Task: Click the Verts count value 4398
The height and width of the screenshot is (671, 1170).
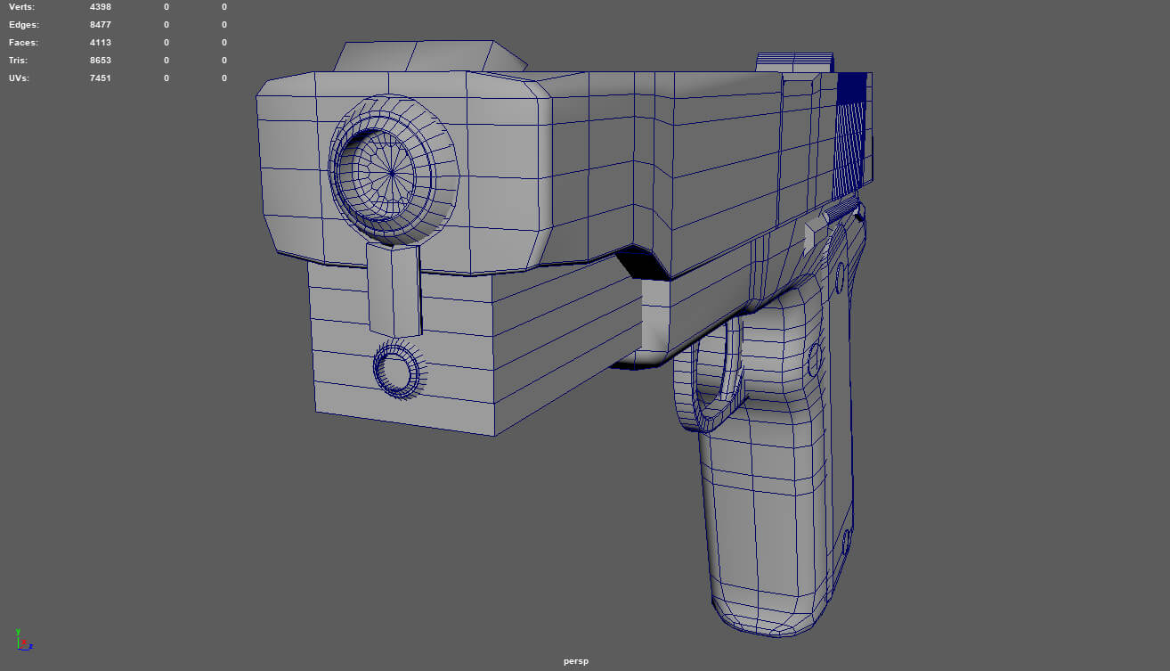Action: click(x=101, y=7)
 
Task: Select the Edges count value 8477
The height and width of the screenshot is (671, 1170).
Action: click(x=101, y=25)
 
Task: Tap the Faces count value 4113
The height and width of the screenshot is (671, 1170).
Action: click(x=101, y=43)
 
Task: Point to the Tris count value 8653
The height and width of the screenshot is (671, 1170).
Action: click(x=101, y=61)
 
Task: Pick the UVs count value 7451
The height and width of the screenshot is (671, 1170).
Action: click(x=101, y=78)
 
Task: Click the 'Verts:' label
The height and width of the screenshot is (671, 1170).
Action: click(x=22, y=7)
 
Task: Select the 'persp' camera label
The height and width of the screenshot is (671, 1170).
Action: click(x=576, y=661)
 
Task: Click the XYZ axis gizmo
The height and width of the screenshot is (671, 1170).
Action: click(x=22, y=639)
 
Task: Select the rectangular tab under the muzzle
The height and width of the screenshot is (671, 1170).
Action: click(x=394, y=288)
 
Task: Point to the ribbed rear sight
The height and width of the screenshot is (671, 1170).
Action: click(x=795, y=61)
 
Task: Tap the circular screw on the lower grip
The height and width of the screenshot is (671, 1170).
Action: click(x=846, y=541)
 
